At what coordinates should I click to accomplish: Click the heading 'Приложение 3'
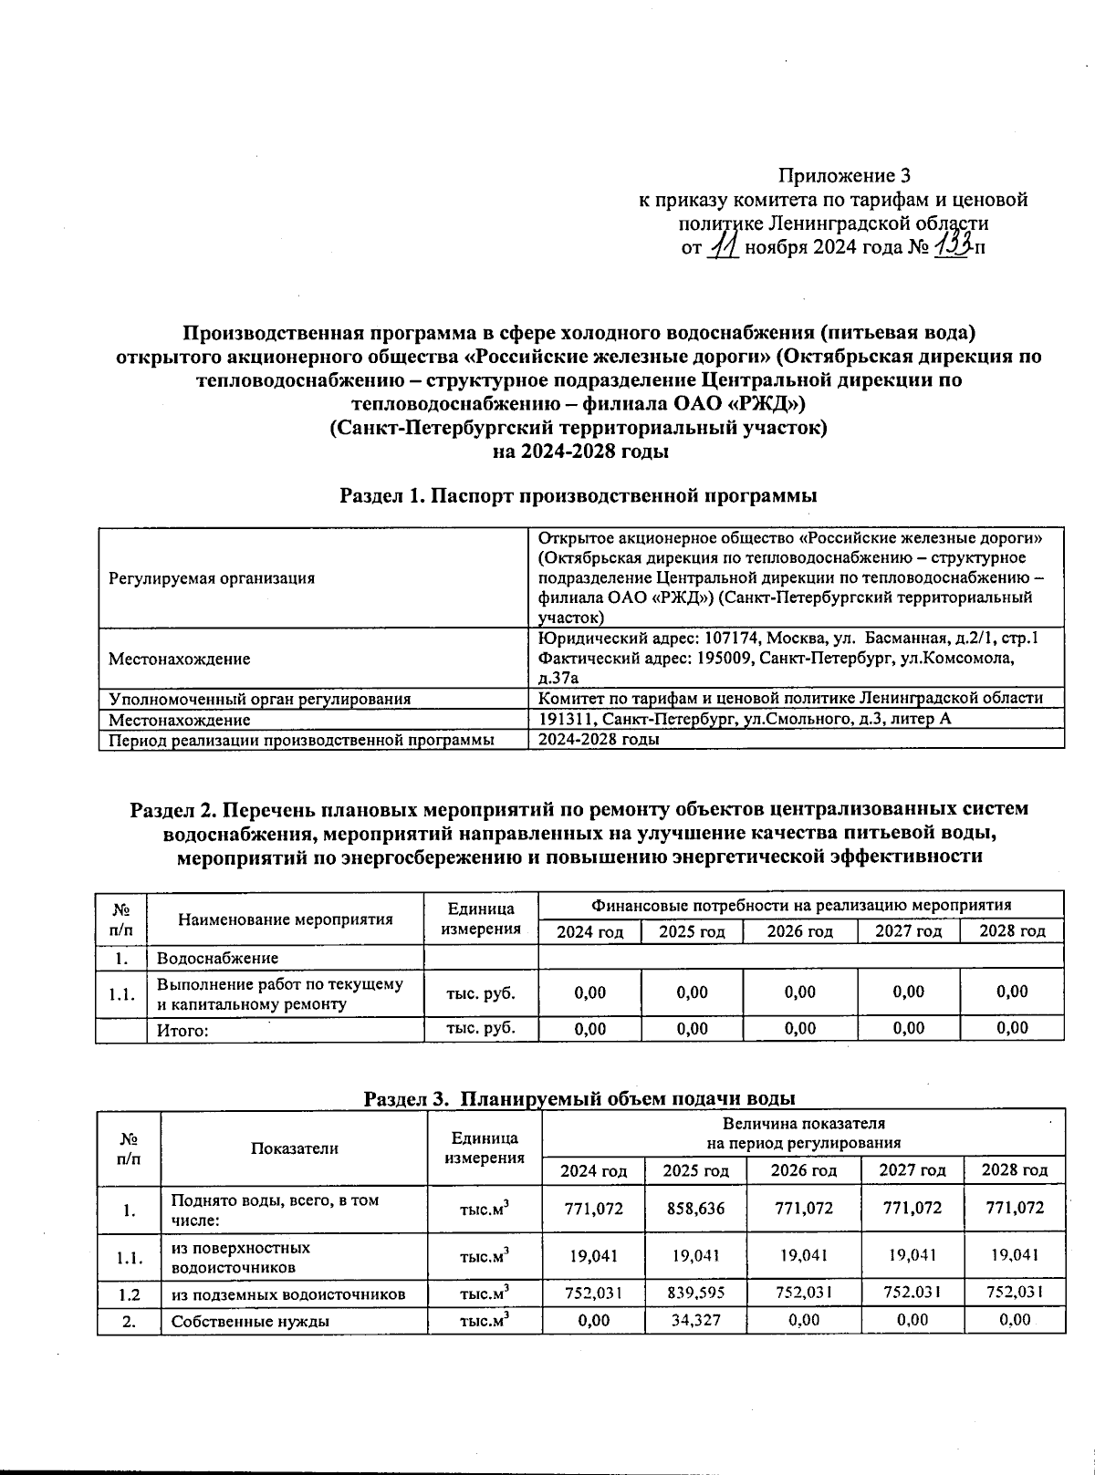844,175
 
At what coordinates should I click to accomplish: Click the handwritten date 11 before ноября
725,245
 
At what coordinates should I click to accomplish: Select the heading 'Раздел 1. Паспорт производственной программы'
579,495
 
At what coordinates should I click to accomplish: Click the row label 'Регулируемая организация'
212,578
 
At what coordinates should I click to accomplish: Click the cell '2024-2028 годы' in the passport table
599,740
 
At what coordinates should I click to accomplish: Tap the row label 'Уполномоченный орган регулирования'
260,699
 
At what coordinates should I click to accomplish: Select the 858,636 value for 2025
693,1209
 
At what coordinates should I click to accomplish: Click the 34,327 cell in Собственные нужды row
693,1320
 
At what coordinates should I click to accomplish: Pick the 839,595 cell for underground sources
693,1293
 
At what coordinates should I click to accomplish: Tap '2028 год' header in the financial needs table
1012,931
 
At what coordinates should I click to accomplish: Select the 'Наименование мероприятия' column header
286,919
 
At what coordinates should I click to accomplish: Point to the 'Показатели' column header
295,1148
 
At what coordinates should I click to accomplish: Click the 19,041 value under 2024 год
594,1256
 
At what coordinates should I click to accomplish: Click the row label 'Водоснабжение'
218,958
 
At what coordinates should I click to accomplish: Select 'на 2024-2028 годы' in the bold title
579,451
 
